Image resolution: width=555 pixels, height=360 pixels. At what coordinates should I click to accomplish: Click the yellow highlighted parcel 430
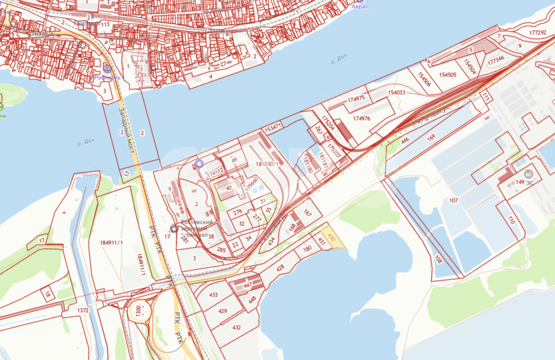coord(333,237)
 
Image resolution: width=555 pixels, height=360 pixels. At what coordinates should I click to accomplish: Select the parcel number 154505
coord(448,75)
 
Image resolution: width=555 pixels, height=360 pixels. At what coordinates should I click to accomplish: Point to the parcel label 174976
coord(362,118)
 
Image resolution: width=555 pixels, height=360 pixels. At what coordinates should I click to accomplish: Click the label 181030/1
coord(267,164)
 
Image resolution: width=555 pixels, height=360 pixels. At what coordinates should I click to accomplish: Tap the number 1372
coord(83,310)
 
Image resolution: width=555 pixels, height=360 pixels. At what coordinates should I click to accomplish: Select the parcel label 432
coord(236,328)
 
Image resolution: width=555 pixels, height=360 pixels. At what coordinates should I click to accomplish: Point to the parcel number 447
coord(248,285)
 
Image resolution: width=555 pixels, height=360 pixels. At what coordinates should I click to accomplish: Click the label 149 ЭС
coord(524,182)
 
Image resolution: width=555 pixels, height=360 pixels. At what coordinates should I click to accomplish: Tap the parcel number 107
coord(454,200)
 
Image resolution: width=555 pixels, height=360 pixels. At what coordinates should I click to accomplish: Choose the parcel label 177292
coord(538,32)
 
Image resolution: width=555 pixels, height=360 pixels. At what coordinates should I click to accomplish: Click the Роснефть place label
coord(107,77)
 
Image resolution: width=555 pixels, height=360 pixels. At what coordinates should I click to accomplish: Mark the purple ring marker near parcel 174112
coord(199,163)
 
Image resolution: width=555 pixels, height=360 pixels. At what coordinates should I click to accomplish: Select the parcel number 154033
coord(397,92)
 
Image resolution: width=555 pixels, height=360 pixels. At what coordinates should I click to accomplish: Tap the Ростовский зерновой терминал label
coord(197,228)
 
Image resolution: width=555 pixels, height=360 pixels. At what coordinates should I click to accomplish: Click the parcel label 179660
coord(252,184)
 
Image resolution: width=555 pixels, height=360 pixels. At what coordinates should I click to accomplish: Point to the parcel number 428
coord(281,268)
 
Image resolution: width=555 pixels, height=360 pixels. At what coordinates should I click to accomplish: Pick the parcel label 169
coord(431,137)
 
